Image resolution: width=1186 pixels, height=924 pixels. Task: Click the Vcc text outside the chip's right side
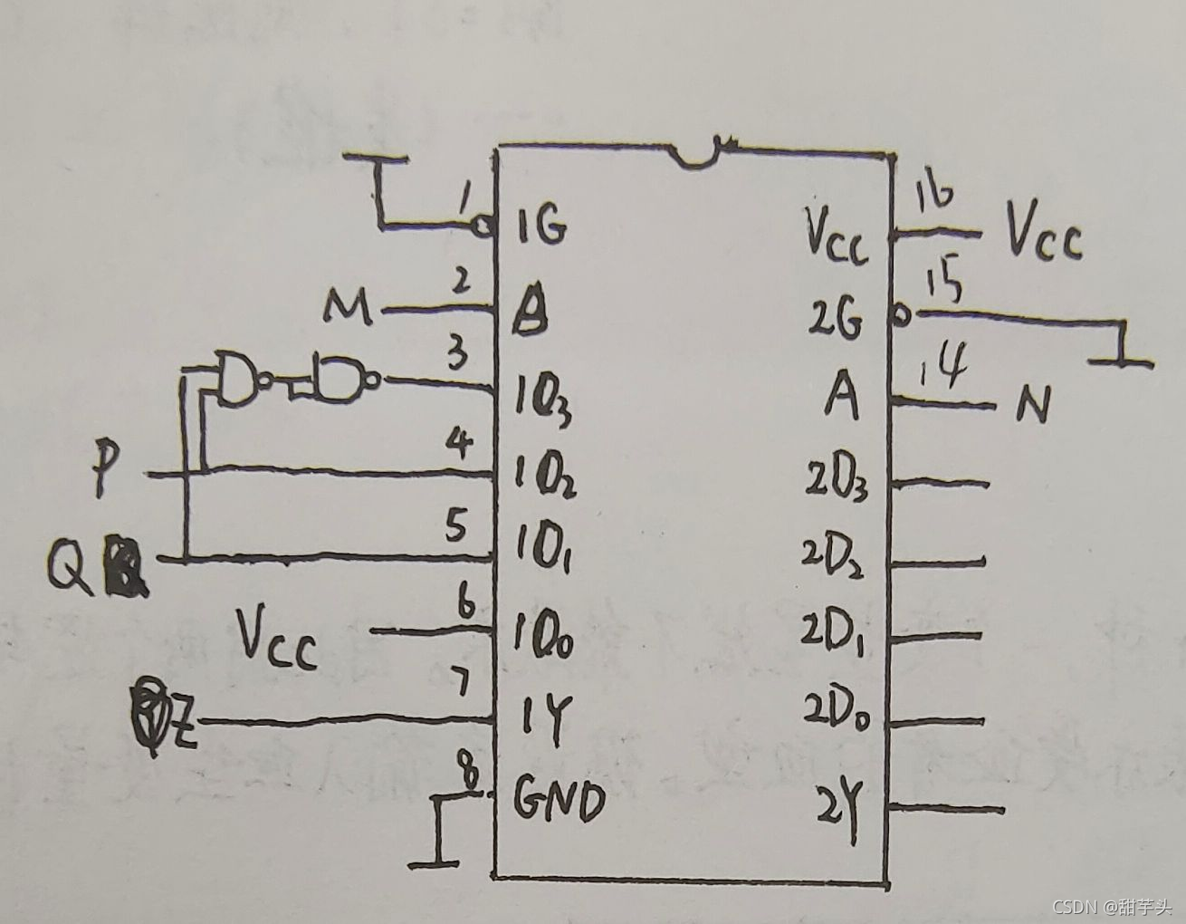coord(1045,237)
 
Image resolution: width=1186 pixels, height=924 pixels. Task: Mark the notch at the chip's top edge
coord(705,154)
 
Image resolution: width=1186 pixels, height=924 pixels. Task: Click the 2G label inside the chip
coord(837,320)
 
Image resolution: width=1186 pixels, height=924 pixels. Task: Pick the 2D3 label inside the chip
coord(837,482)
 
